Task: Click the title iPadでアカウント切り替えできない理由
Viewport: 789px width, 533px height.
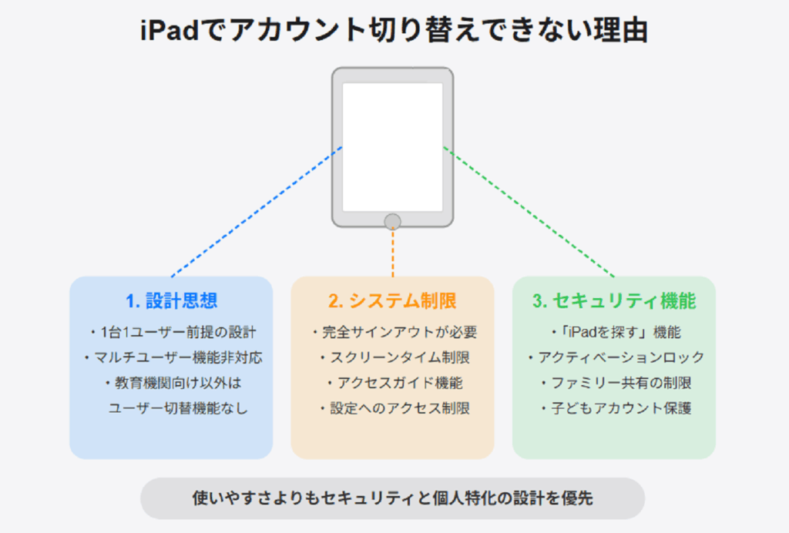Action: [x=394, y=30]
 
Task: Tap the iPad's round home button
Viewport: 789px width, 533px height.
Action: [x=392, y=222]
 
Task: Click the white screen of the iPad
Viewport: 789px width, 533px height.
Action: [x=392, y=147]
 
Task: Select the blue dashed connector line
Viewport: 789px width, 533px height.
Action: [x=257, y=212]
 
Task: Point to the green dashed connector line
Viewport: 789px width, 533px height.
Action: [x=529, y=212]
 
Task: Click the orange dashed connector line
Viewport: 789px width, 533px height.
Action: [x=392, y=253]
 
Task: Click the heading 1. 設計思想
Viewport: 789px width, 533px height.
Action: [x=172, y=300]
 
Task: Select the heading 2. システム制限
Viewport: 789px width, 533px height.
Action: [x=392, y=300]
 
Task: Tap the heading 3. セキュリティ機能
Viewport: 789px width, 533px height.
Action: [x=614, y=300]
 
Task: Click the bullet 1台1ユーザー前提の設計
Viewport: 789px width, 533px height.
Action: [x=173, y=332]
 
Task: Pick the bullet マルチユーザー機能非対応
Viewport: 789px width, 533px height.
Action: [x=173, y=357]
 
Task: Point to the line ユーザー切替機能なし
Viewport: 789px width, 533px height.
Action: [x=178, y=407]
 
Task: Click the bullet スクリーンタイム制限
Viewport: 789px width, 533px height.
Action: [x=395, y=357]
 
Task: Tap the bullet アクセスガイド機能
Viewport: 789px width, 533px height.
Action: [x=395, y=383]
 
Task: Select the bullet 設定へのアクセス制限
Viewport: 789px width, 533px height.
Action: [x=395, y=407]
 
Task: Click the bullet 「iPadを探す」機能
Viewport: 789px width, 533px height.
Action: [x=616, y=332]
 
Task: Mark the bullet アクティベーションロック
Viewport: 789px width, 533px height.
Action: [x=616, y=357]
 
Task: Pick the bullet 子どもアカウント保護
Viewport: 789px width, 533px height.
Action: [x=616, y=407]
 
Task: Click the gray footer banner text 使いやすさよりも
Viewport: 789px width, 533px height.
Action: [x=256, y=498]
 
